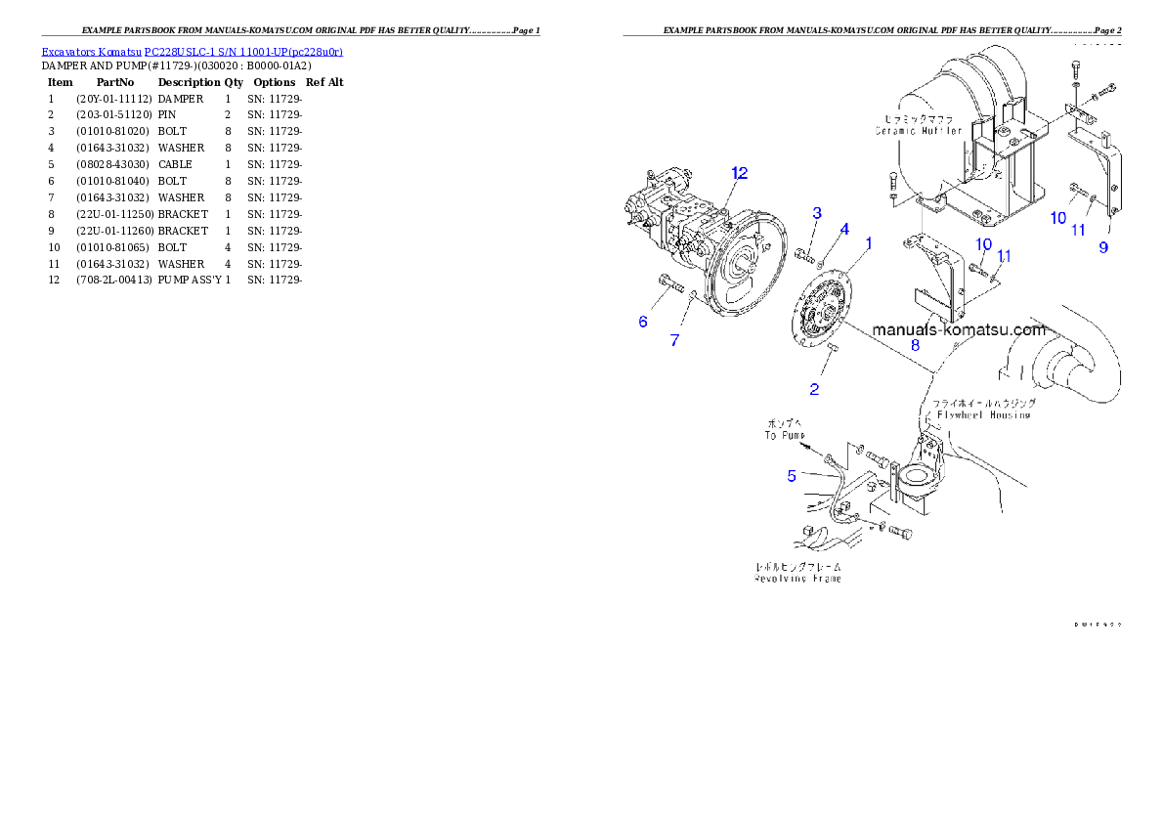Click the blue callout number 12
(x=739, y=173)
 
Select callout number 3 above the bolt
(x=817, y=213)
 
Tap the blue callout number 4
(x=844, y=229)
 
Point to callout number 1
(x=868, y=241)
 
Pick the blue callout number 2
(x=814, y=389)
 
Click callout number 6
(x=643, y=322)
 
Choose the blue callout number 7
(x=674, y=340)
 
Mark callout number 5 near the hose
(x=792, y=476)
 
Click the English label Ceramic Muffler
(x=919, y=131)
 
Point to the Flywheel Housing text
(x=984, y=415)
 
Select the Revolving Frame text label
(x=797, y=579)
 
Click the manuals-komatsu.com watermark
(x=958, y=329)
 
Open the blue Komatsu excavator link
(x=192, y=51)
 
